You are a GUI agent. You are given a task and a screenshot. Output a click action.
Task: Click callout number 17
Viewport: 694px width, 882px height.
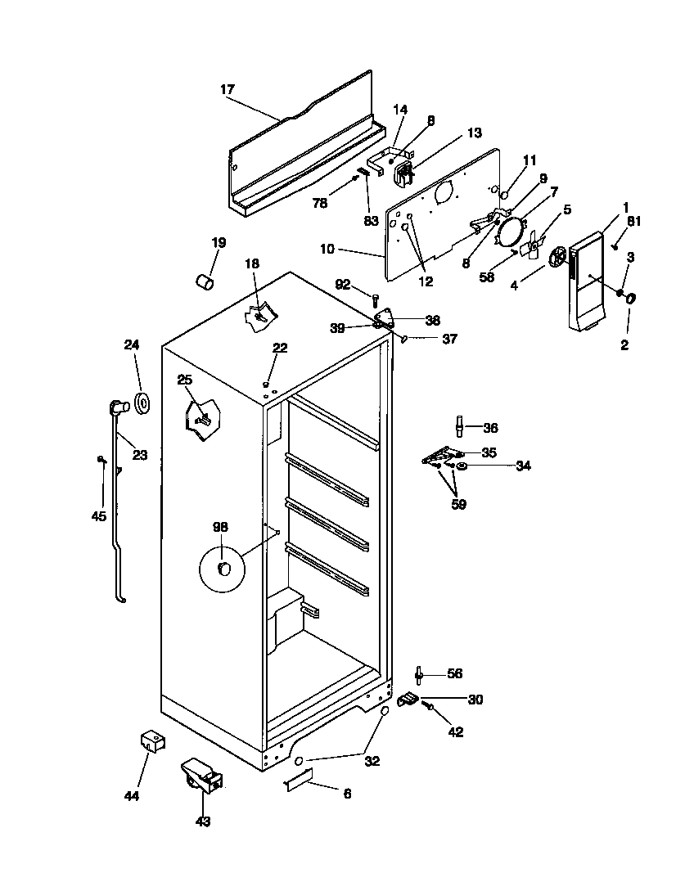point(227,88)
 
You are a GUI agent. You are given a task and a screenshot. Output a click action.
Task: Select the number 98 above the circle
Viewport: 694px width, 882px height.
point(221,528)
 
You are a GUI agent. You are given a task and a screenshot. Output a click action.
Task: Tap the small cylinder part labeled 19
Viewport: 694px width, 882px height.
point(205,281)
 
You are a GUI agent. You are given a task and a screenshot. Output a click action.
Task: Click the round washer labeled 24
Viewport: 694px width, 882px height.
point(142,403)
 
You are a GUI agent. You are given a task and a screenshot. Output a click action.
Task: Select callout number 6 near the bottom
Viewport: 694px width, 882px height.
point(346,794)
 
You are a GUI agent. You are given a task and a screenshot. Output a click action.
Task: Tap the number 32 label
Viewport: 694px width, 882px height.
point(372,760)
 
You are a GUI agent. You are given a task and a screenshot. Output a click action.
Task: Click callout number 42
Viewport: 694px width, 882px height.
point(455,732)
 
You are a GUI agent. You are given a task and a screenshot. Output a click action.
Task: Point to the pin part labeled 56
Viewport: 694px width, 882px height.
point(420,674)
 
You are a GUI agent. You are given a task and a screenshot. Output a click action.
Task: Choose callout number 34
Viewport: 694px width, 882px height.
point(523,466)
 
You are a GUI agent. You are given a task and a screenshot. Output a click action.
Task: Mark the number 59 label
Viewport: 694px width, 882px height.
point(458,505)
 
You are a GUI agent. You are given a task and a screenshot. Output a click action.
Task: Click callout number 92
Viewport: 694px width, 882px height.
point(343,285)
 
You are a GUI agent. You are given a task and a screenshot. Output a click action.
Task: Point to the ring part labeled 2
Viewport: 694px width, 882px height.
point(630,300)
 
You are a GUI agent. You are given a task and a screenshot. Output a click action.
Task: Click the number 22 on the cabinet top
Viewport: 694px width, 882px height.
point(280,348)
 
